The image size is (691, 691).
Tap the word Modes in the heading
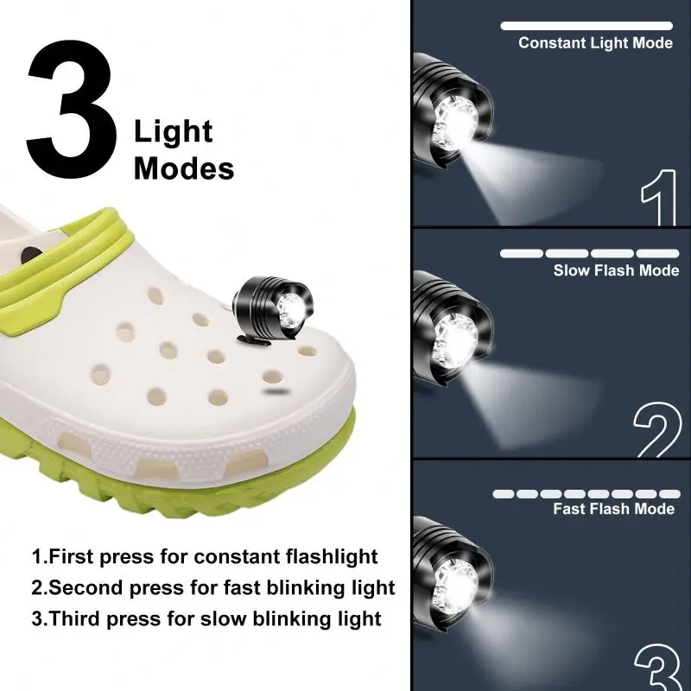pyautogui.click(x=184, y=168)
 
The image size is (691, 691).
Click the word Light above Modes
pyautogui.click(x=173, y=132)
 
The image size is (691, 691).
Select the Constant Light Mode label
pyautogui.click(x=595, y=43)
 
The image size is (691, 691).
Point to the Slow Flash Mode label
pyautogui.click(x=617, y=270)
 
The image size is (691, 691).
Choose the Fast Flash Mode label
pyautogui.click(x=614, y=509)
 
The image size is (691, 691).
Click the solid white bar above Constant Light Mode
pyautogui.click(x=586, y=26)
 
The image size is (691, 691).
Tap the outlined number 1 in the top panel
pyautogui.click(x=658, y=200)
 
